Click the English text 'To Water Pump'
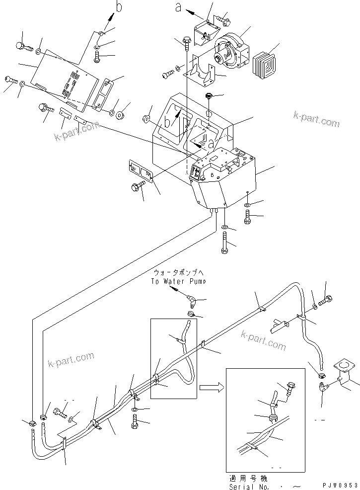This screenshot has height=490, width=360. [x=179, y=281]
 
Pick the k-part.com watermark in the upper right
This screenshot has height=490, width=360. [x=316, y=119]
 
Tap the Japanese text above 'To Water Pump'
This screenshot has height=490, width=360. [x=178, y=273]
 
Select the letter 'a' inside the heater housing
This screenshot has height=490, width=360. [x=212, y=144]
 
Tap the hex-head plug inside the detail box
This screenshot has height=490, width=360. [x=291, y=388]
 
